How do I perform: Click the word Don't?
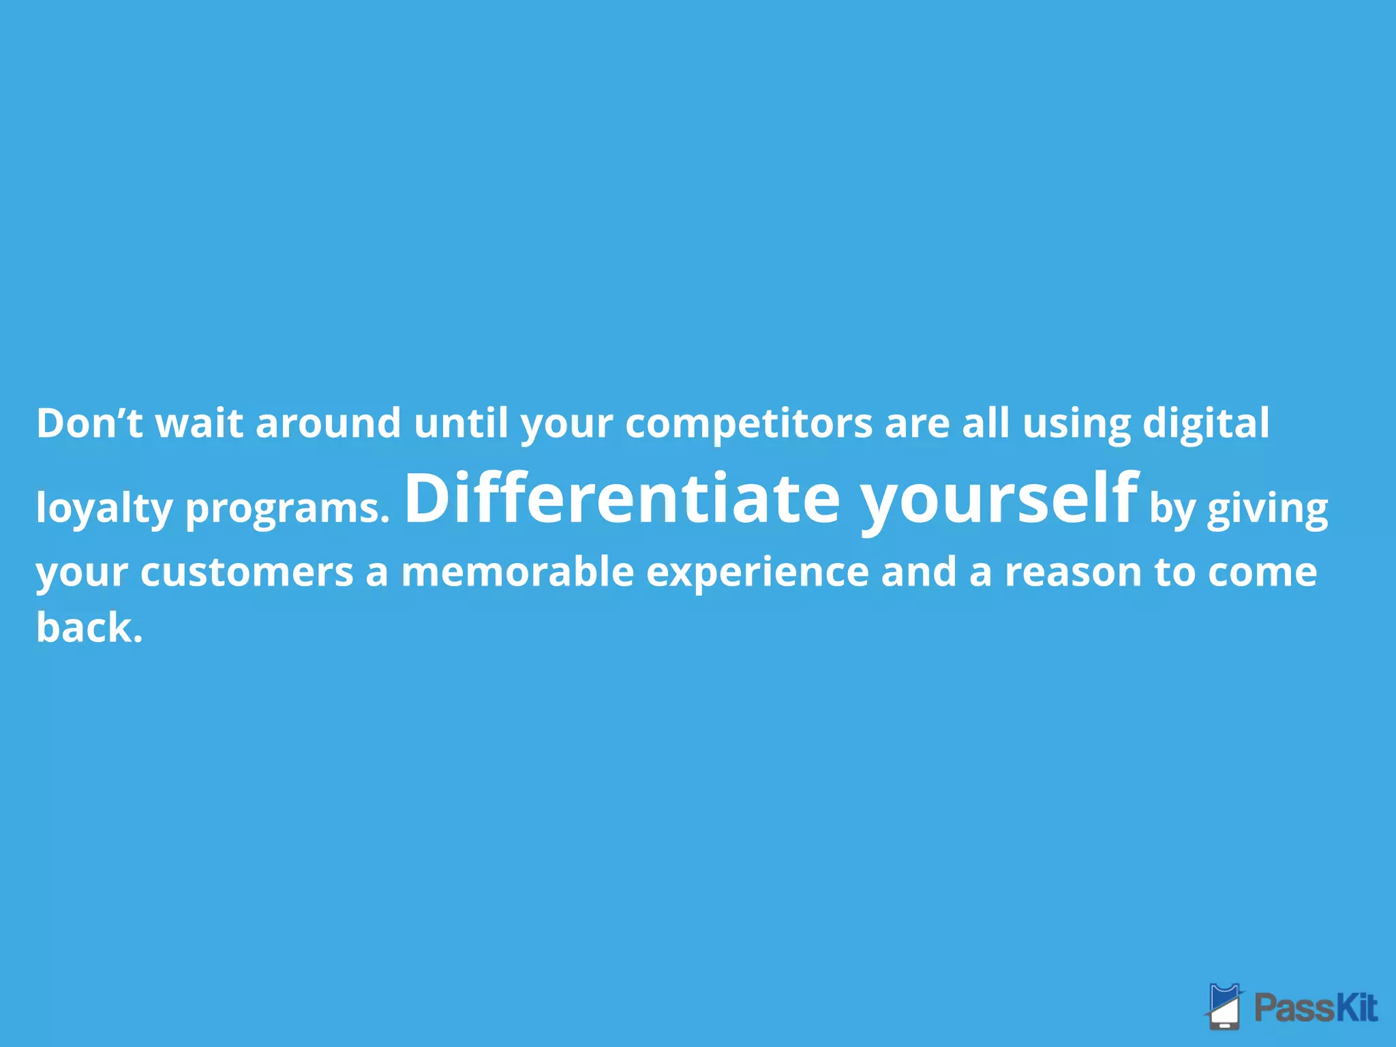[89, 423]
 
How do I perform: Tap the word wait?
[199, 423]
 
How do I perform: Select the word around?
[328, 423]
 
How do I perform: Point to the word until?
[461, 423]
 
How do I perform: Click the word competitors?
[748, 423]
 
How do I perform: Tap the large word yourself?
[999, 500]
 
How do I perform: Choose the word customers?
[247, 572]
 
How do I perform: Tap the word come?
[1262, 572]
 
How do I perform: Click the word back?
[89, 627]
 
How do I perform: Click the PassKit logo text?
[1316, 1007]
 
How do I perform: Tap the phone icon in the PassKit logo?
[1225, 1007]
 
